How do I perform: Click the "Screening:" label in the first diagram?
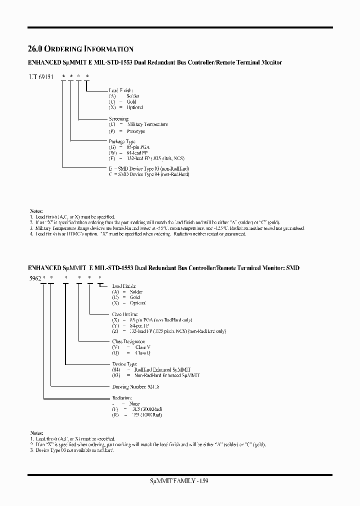click(x=119, y=118)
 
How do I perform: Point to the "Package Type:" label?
click(x=122, y=141)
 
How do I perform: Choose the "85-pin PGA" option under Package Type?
click(x=137, y=148)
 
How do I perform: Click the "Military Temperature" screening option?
click(x=147, y=124)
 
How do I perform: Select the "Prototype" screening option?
click(x=136, y=131)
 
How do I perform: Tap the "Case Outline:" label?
click(x=125, y=314)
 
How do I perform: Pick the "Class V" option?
click(x=142, y=347)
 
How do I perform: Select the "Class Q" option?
click(x=142, y=352)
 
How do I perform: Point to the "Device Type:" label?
click(x=124, y=364)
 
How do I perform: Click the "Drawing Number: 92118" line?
click(x=135, y=386)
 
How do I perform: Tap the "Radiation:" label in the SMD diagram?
click(x=122, y=398)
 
